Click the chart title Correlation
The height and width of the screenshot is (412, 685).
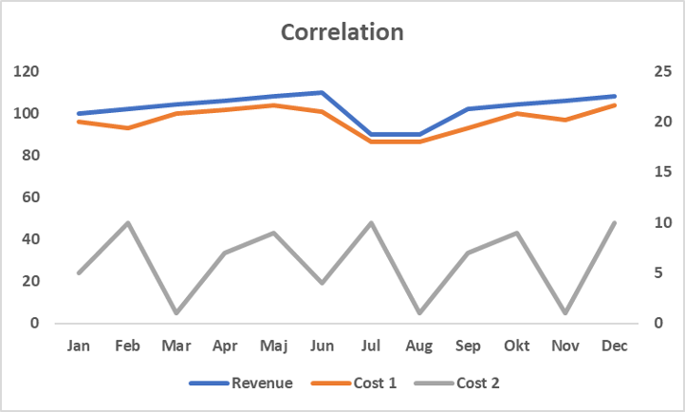[342, 31]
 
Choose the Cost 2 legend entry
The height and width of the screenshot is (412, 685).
[477, 383]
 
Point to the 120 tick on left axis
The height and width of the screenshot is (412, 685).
[27, 71]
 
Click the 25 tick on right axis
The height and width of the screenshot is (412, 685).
[661, 71]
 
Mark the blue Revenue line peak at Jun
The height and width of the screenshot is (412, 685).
[323, 93]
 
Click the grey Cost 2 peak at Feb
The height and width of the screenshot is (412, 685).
[127, 222]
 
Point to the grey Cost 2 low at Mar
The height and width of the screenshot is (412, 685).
[176, 312]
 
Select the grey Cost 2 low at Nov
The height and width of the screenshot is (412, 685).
[566, 312]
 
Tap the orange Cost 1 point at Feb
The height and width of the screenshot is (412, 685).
[127, 127]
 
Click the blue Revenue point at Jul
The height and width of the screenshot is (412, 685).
[371, 135]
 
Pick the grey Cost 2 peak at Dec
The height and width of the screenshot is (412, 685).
[615, 222]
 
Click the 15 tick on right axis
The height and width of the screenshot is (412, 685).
[661, 172]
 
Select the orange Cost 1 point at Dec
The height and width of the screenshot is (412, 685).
[615, 105]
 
